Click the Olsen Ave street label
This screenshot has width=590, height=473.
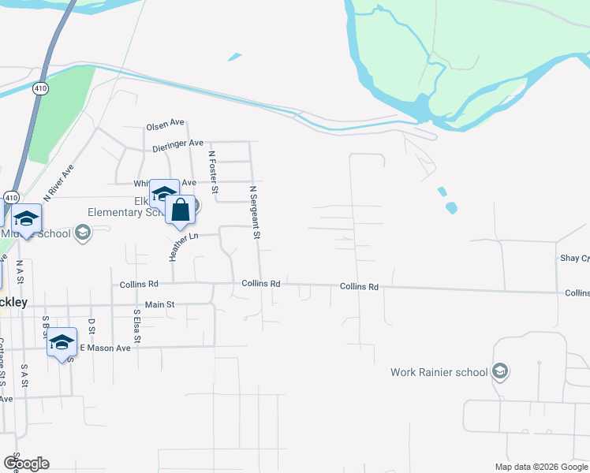click(x=165, y=124)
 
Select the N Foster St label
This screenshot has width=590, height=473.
click(x=211, y=172)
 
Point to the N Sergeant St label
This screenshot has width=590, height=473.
click(x=254, y=212)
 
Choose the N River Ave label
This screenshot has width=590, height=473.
click(x=58, y=183)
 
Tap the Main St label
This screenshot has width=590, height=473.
click(x=159, y=304)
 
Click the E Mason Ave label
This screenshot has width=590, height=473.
click(x=105, y=348)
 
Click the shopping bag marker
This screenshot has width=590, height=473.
click(x=181, y=210)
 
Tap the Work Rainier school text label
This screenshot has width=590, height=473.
click(x=439, y=372)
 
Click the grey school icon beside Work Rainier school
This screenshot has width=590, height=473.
click(x=499, y=371)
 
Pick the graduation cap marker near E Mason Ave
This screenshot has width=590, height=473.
click(x=62, y=342)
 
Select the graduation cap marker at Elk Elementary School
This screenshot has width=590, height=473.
click(x=164, y=193)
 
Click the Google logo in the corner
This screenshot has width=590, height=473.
click(x=26, y=464)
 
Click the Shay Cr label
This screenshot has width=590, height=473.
click(x=574, y=259)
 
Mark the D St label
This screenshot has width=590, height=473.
click(x=91, y=326)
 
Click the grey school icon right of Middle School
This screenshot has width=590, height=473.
click(x=83, y=233)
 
